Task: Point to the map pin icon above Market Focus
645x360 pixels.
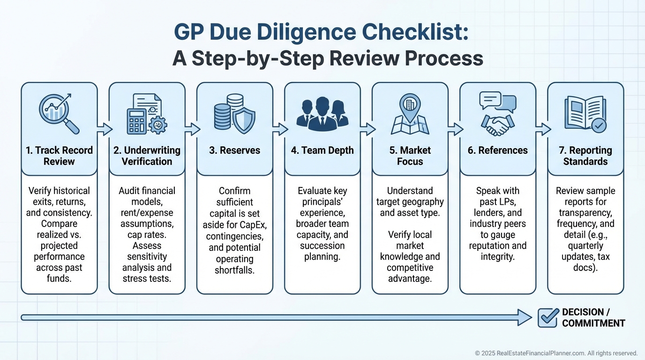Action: (410, 107)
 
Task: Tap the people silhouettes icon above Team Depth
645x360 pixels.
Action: (322, 114)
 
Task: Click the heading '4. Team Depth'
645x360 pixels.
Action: (322, 150)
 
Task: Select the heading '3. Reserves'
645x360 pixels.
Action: (235, 150)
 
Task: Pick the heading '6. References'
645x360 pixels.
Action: (498, 150)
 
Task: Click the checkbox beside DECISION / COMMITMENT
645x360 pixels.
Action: (547, 317)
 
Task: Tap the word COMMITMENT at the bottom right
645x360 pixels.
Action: (593, 323)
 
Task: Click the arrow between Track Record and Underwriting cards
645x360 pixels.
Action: (104, 129)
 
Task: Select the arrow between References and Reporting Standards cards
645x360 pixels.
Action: (542, 129)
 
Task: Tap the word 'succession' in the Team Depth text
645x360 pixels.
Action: (322, 246)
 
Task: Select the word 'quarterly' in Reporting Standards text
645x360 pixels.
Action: (585, 246)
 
